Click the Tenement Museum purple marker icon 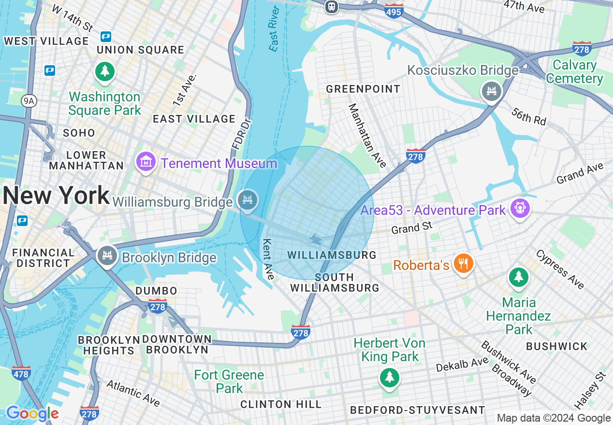click(x=146, y=161)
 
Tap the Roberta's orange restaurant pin click(x=463, y=264)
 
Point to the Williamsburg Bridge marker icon click(x=248, y=200)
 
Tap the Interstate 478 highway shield click(x=21, y=373)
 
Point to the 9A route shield click(x=29, y=100)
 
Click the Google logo click(x=32, y=413)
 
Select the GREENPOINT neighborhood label click(x=363, y=89)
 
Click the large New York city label click(x=56, y=196)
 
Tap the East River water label click(x=274, y=29)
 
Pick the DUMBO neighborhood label click(x=156, y=291)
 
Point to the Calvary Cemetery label click(x=574, y=72)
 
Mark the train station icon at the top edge click(x=331, y=6)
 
